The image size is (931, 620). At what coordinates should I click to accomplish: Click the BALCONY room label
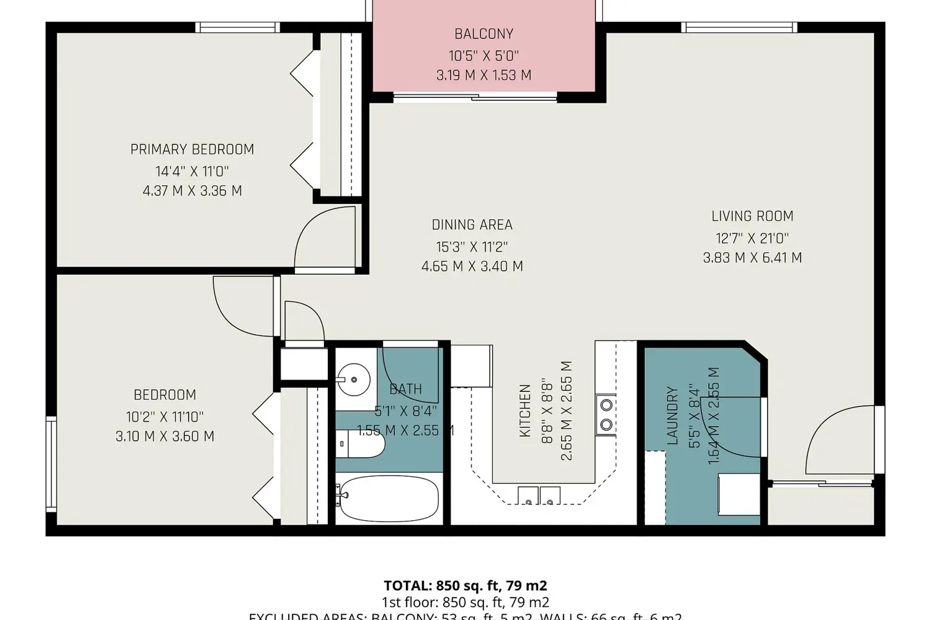pos(483,34)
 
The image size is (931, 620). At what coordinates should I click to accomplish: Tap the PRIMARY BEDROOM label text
pos(192,149)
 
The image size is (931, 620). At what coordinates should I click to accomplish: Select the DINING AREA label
pos(472,224)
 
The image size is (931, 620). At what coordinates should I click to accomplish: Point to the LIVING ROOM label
pos(752,216)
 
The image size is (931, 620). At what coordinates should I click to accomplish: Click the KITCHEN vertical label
pos(525,410)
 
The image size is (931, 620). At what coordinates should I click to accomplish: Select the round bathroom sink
pos(354,378)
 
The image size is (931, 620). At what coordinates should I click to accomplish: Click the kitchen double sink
pos(539,495)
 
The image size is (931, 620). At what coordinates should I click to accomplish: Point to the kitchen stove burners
pos(606,415)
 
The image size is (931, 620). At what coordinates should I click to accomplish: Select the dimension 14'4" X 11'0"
pos(192,171)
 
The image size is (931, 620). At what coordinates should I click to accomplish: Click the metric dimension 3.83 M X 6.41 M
pos(752,258)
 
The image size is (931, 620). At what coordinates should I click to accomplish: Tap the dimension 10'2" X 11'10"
pos(164,417)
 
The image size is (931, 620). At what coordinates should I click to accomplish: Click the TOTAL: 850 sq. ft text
pos(465,586)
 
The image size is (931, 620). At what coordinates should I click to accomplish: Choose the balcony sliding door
pos(475,96)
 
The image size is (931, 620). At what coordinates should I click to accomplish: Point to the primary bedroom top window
pos(237,27)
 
